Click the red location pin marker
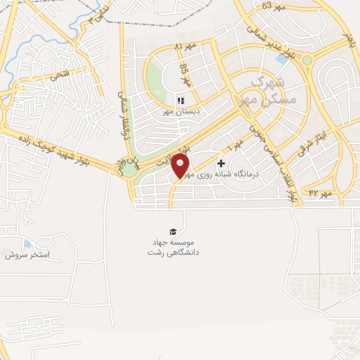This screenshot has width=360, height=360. [181, 166]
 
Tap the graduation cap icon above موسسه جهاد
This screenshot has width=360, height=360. [172, 232]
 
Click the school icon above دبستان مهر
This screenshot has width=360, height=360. [181, 101]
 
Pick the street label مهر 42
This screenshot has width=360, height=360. [320, 193]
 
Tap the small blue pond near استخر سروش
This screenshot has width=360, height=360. [27, 243]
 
